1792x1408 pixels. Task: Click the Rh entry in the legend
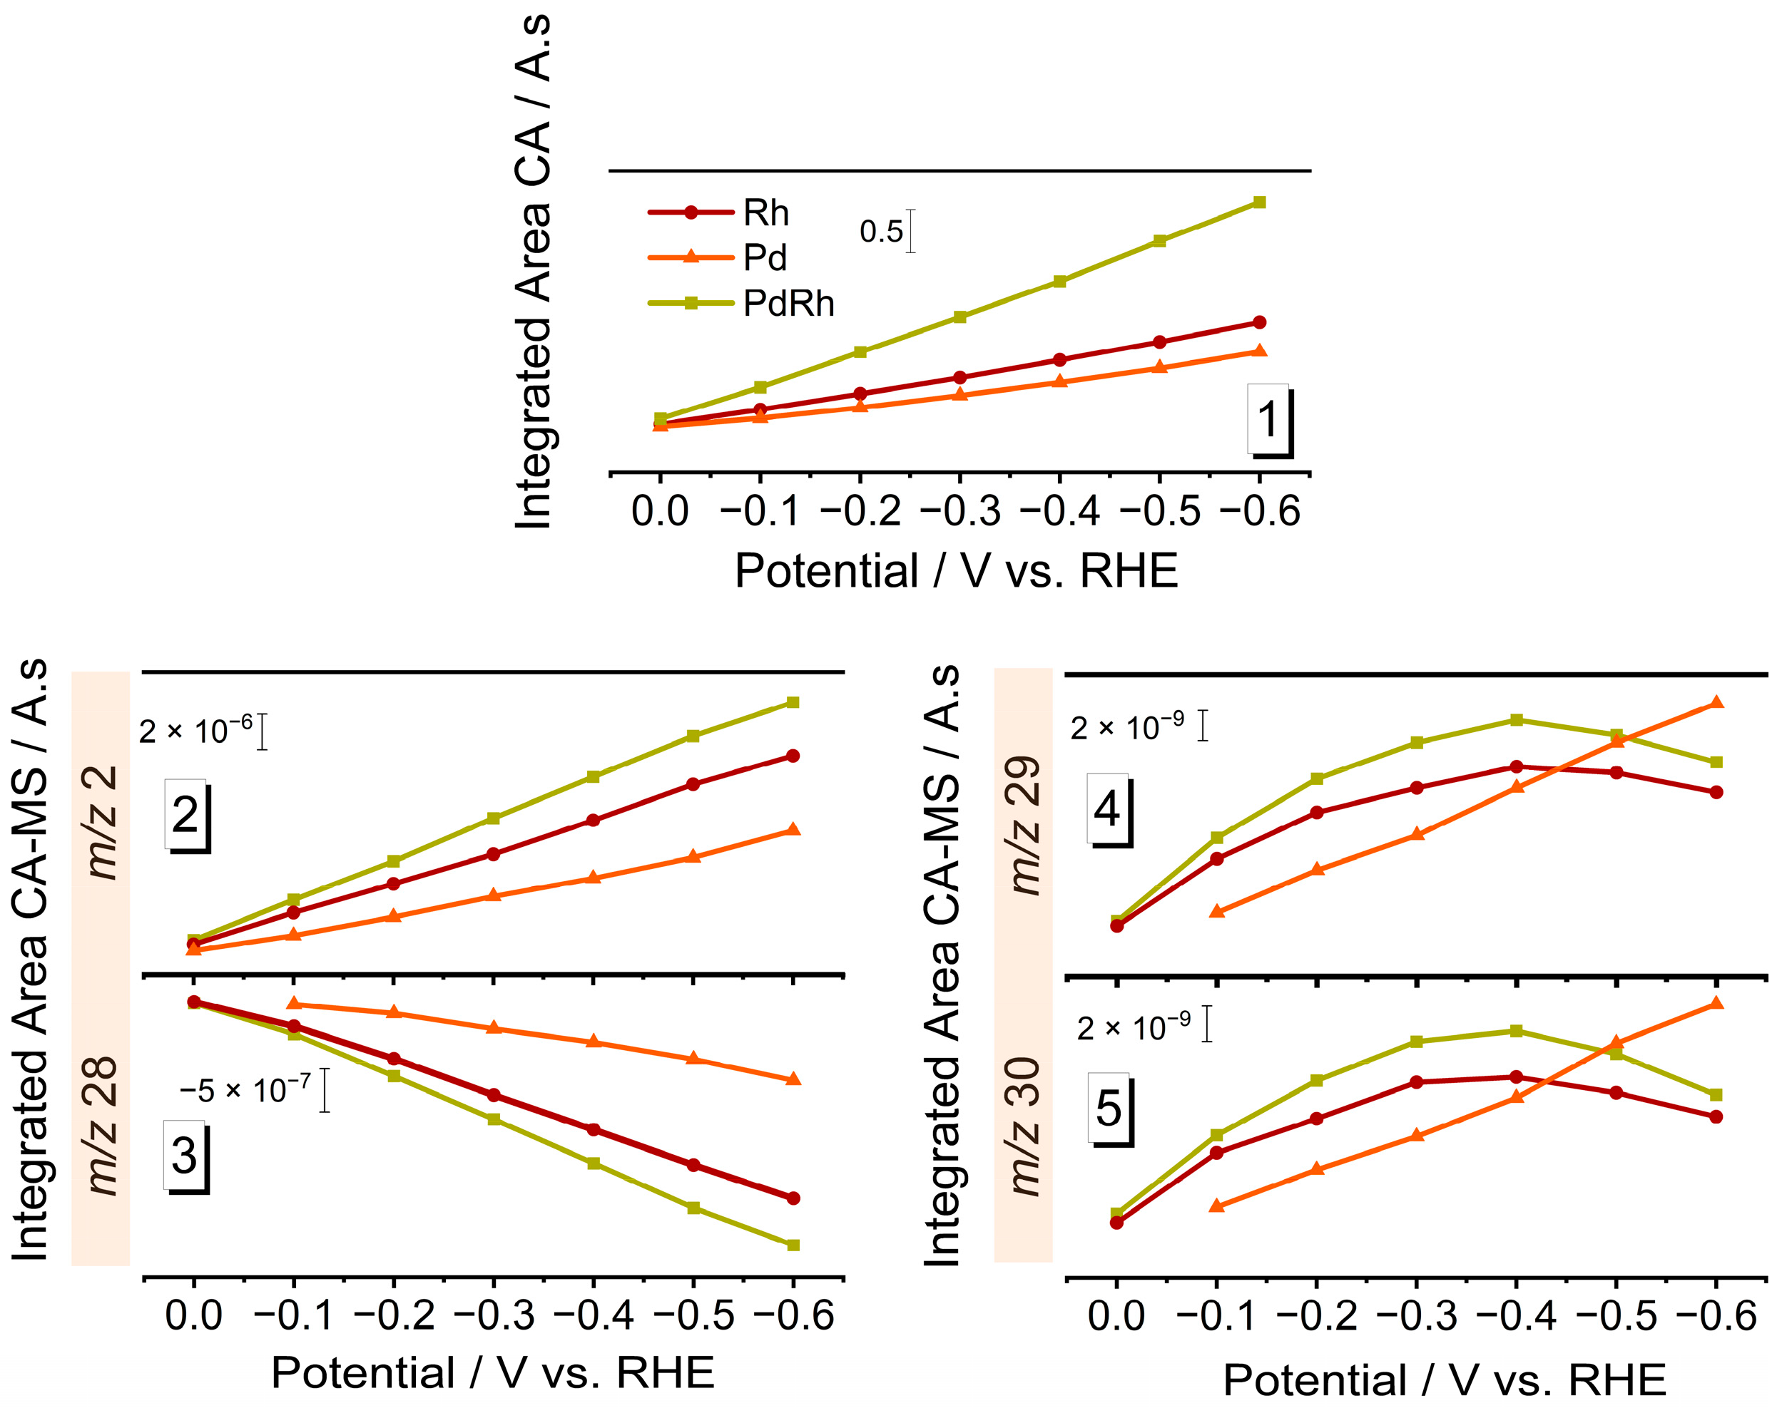point(765,212)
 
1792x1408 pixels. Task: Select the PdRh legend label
point(788,304)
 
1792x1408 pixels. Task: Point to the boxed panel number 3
point(185,1155)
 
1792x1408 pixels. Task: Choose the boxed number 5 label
point(1109,1107)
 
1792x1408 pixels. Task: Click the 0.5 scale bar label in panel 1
point(881,232)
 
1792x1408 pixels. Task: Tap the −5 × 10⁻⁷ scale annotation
point(245,1091)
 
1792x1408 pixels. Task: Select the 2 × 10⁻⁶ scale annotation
point(195,731)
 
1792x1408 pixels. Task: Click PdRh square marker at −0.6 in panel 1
point(1259,202)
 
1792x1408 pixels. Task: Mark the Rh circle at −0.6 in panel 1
point(1259,322)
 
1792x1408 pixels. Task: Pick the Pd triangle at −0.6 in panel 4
point(1716,702)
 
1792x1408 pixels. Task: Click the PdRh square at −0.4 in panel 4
point(1516,719)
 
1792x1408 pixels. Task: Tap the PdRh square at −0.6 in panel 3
point(793,1245)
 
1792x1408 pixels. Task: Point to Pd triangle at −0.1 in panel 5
point(1216,1206)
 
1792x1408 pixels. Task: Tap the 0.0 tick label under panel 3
point(193,1314)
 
